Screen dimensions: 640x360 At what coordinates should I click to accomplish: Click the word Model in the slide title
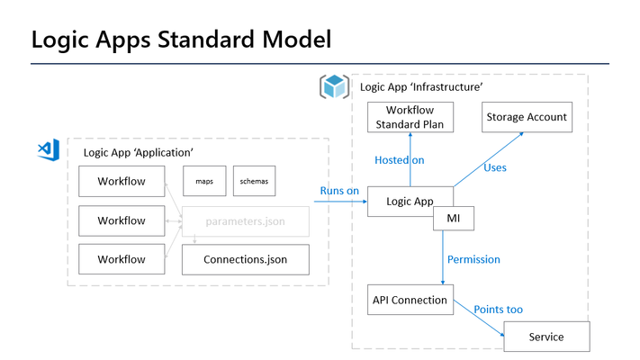pos(297,40)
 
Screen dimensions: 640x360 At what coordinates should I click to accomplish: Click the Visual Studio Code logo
pos(49,149)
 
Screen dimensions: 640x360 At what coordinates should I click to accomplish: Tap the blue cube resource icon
pos(334,86)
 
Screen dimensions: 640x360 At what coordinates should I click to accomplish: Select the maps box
pos(204,181)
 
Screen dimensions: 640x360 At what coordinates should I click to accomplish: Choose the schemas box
pos(254,181)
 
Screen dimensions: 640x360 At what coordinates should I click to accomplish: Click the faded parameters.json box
pos(246,221)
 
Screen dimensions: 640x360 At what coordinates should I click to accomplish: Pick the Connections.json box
pos(246,259)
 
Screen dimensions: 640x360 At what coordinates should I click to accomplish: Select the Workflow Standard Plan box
pos(410,117)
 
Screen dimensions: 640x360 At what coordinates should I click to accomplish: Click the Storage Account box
pos(527,117)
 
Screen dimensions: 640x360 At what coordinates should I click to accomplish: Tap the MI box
pos(454,219)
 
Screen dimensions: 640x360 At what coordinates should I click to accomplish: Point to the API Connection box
pos(410,300)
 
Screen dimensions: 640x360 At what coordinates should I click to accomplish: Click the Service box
pos(546,337)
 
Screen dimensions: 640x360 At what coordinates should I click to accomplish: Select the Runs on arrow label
pos(339,191)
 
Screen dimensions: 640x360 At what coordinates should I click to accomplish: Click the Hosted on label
pos(399,160)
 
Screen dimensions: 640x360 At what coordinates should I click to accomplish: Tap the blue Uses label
pos(495,167)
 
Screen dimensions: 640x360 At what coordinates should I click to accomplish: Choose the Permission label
pos(473,259)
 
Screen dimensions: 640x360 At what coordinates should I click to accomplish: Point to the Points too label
pos(498,310)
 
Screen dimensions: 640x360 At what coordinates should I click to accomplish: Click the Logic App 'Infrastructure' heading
pos(421,87)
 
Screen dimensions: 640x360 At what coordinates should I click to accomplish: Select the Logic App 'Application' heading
pos(138,153)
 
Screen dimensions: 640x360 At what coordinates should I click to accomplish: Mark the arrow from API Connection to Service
pos(479,318)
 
